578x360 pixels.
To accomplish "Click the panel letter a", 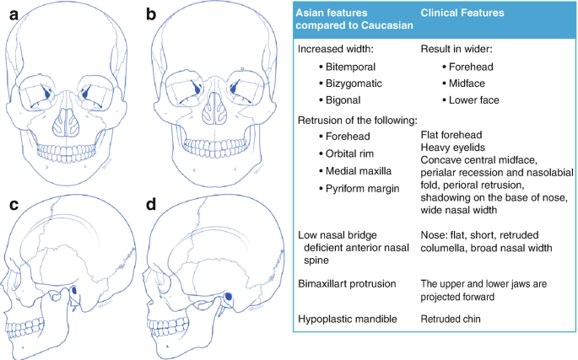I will [11, 14].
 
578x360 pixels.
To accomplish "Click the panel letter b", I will [152, 14].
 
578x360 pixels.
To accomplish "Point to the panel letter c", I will [13, 205].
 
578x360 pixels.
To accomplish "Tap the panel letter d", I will [152, 205].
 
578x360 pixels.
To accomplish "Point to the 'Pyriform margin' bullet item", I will [365, 188].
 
